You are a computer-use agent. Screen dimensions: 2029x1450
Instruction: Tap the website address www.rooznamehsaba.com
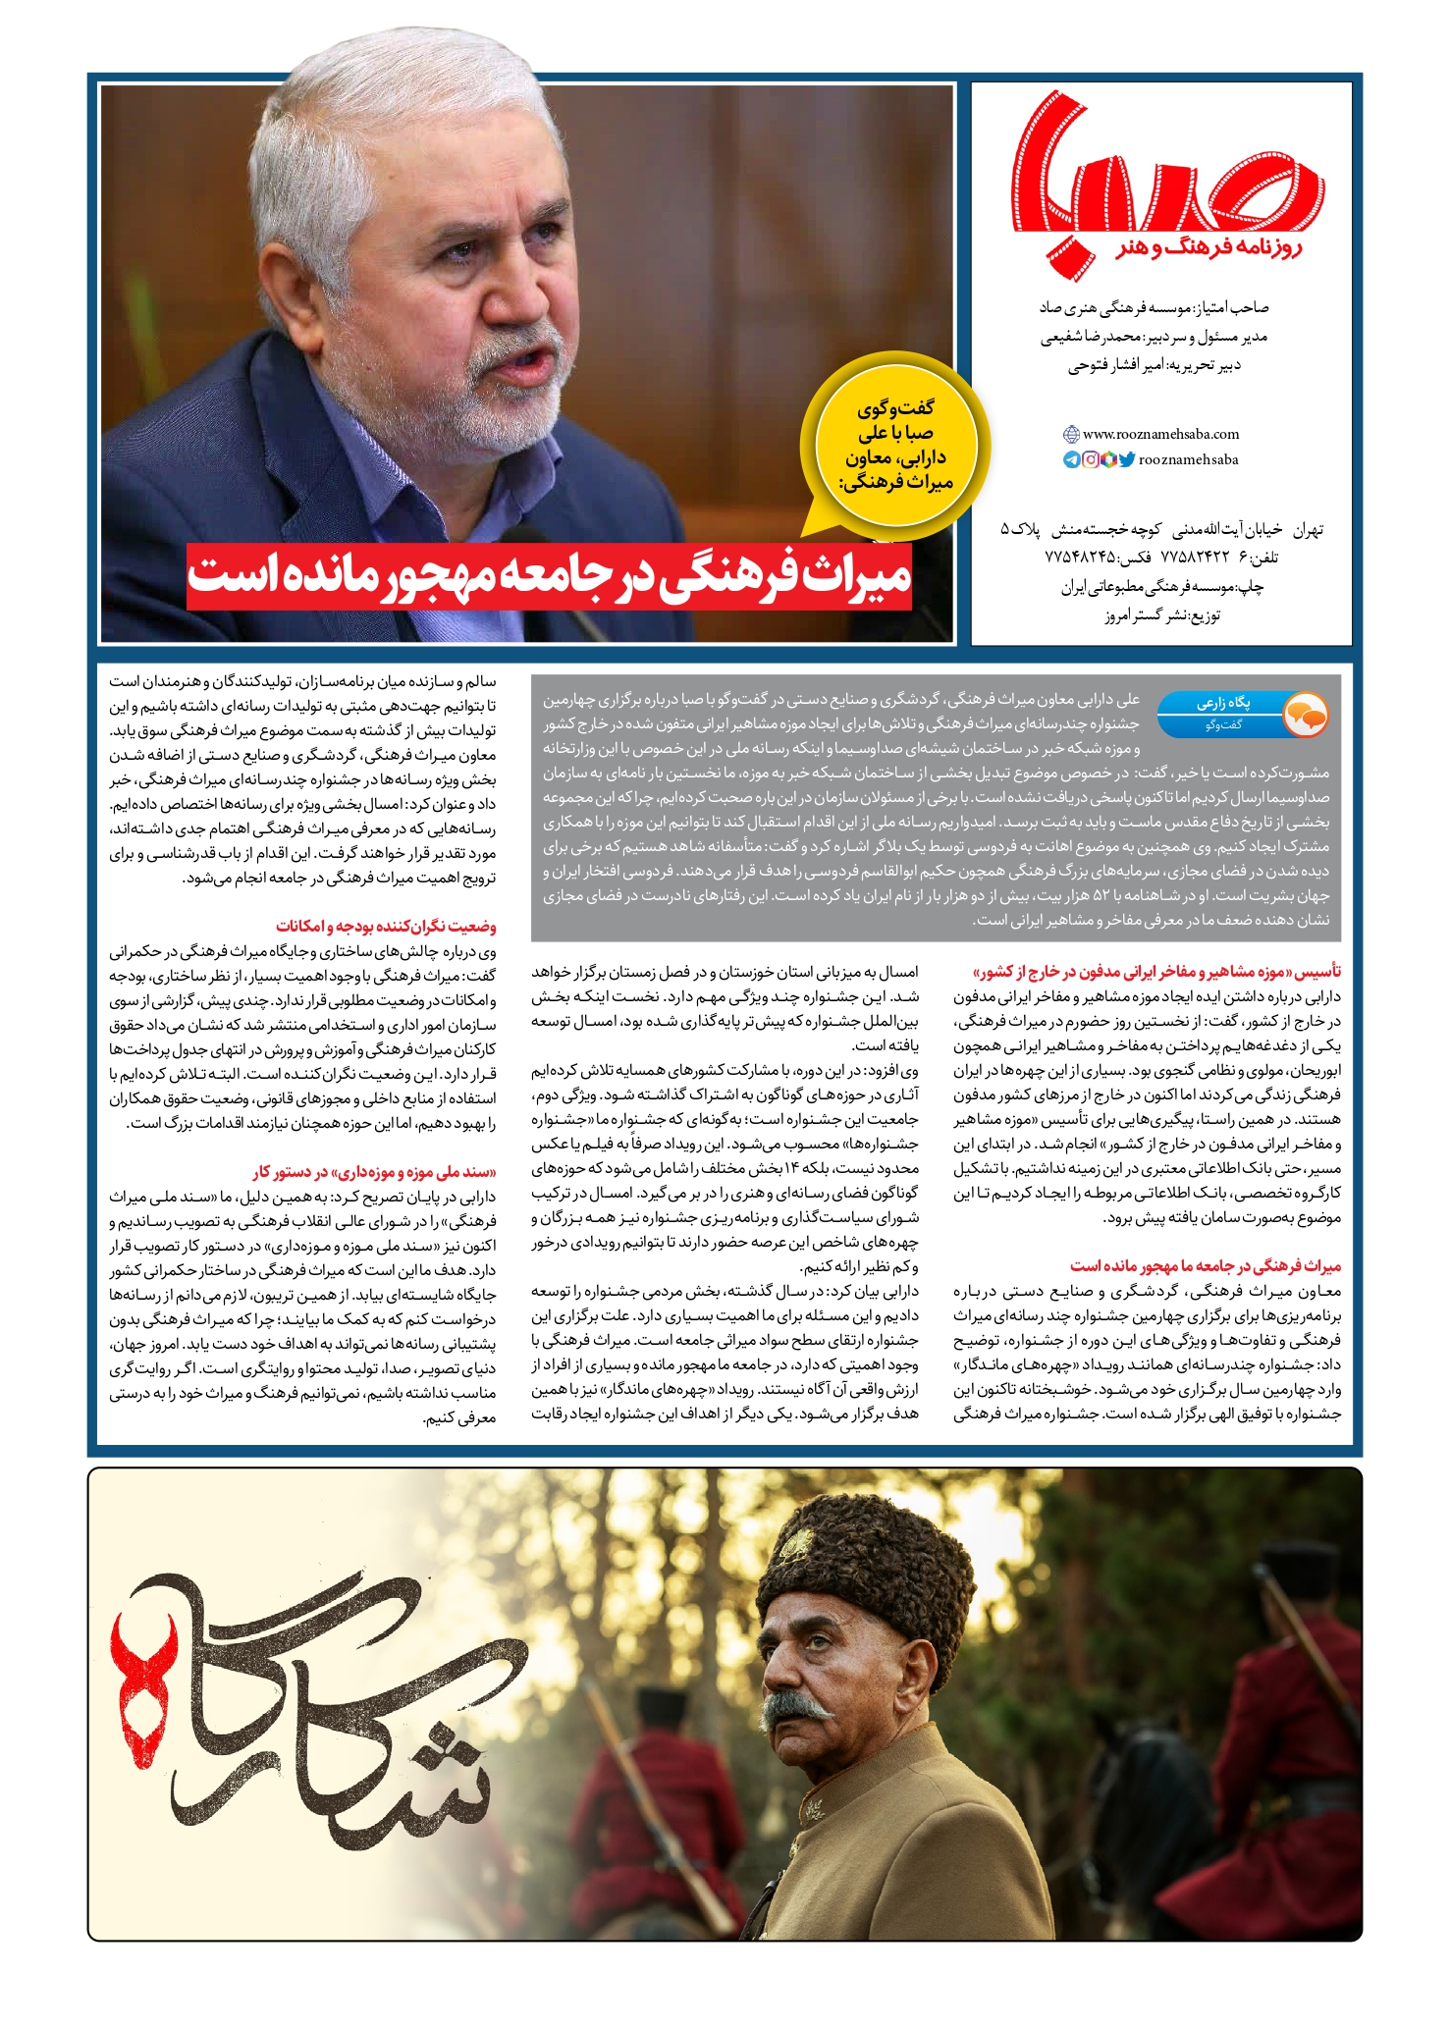[1160, 434]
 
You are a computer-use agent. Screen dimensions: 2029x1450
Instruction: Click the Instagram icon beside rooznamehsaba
[1090, 459]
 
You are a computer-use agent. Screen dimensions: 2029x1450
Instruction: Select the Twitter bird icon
[1127, 459]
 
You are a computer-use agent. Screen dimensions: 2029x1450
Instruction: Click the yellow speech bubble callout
[894, 447]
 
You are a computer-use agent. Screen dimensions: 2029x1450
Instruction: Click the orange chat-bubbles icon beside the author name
[1305, 715]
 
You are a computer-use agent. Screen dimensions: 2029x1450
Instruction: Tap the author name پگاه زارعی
[1222, 703]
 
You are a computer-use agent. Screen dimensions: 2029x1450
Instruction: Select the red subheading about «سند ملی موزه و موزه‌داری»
[374, 1171]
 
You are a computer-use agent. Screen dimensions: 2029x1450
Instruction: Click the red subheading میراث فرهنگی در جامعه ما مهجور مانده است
[1206, 1266]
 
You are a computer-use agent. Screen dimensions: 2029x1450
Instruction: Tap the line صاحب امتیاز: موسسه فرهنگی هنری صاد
[1154, 308]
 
